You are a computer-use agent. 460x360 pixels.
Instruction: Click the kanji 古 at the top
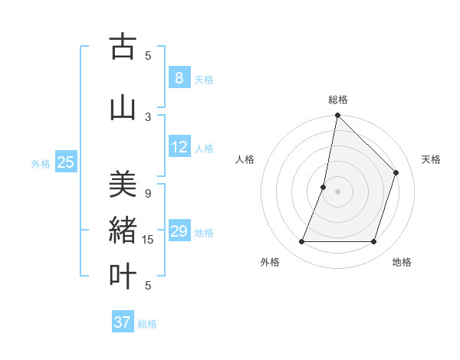point(123,47)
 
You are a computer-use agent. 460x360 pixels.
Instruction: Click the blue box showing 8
point(178,77)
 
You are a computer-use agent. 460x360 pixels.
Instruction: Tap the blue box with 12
point(178,147)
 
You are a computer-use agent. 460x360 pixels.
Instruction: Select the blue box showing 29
point(178,231)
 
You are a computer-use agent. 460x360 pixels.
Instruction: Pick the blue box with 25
point(65,162)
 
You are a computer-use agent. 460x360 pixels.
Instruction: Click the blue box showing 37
point(122,322)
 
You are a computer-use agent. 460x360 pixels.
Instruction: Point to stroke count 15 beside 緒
point(148,240)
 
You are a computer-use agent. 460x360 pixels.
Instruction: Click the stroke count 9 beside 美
point(148,193)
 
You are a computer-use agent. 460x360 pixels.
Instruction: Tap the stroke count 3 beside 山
point(148,116)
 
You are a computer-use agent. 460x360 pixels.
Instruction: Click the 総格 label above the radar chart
point(338,100)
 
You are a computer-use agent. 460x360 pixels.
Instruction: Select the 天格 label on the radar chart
point(431,159)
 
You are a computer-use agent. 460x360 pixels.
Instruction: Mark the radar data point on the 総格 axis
point(337,115)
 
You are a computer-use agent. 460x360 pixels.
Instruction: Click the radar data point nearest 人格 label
point(324,187)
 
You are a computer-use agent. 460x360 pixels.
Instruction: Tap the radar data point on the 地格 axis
point(373,242)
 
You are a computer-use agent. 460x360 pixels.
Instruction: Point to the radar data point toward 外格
point(301,242)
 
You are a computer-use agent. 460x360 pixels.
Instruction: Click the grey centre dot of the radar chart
point(337,191)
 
